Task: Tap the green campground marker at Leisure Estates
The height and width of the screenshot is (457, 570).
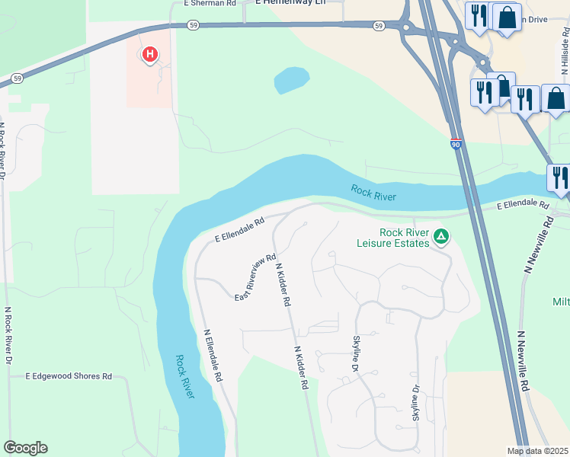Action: coord(440,236)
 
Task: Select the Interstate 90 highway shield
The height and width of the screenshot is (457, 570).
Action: coord(456,143)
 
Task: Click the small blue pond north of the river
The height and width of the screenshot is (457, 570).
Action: coord(291,79)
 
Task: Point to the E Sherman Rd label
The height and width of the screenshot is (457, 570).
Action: coord(210,3)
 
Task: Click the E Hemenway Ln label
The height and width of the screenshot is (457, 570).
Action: coord(290,3)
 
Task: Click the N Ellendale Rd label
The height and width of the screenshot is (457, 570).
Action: coord(213,355)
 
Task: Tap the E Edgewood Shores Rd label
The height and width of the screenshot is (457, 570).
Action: coord(69,376)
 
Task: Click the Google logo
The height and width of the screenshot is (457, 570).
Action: coord(25,448)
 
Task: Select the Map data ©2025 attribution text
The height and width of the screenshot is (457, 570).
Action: coord(537,451)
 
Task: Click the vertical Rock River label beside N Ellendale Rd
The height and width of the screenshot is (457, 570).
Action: coord(184,376)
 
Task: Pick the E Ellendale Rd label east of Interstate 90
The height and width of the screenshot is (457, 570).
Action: coord(523,206)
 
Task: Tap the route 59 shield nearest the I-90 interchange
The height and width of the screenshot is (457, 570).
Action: coord(379,26)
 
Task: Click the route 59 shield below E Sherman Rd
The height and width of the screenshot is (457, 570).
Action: coord(194,25)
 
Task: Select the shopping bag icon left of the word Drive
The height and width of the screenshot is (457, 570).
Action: coord(507,16)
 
